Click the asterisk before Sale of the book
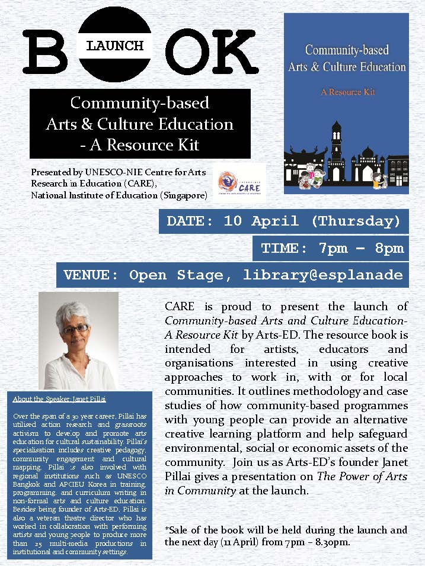(167, 530)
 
